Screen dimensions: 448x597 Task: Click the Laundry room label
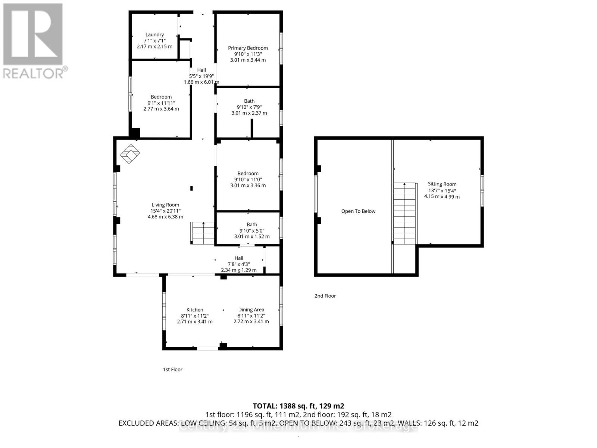(154, 35)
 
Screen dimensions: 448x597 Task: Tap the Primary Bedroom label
(248, 48)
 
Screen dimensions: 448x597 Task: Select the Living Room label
(165, 205)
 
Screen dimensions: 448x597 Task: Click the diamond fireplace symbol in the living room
(130, 154)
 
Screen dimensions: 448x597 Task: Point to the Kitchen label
(195, 310)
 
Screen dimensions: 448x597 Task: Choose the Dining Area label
(251, 310)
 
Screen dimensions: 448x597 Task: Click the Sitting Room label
(442, 184)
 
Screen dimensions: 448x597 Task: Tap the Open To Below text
(358, 211)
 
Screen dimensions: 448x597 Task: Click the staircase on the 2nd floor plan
(404, 214)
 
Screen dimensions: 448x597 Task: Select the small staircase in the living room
(203, 233)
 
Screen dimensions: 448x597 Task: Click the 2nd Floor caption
(325, 296)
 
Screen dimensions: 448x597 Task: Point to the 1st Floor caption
(172, 370)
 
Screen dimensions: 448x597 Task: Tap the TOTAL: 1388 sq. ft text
(298, 406)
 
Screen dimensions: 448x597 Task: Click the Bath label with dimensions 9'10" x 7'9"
(249, 101)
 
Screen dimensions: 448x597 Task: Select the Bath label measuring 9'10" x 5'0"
(252, 225)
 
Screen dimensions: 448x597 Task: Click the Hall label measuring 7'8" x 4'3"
(239, 258)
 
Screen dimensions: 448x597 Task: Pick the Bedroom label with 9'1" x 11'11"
(161, 97)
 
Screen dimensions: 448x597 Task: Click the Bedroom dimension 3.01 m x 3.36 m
(248, 186)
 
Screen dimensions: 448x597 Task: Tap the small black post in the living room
(191, 188)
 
